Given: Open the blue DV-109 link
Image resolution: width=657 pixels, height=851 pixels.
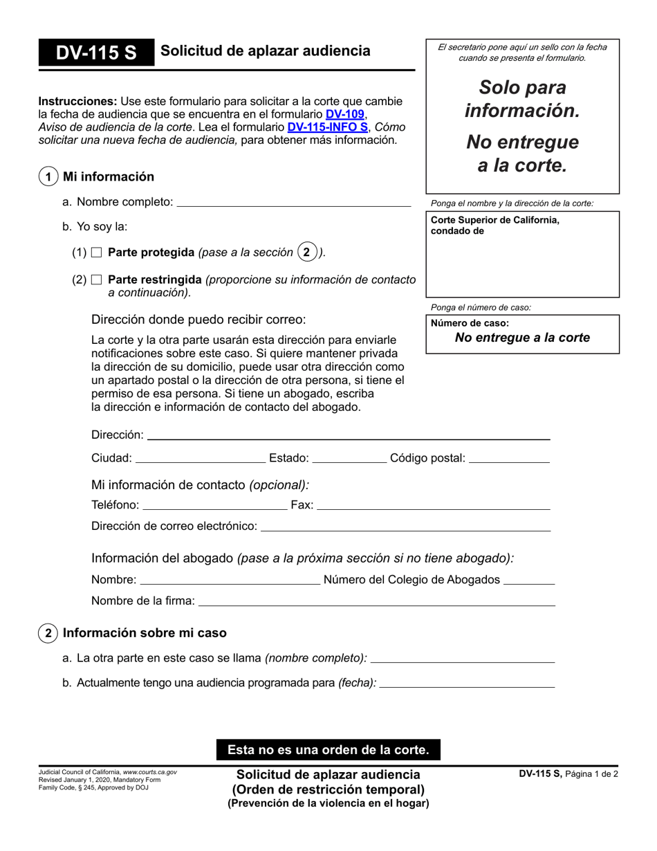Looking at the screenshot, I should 344,114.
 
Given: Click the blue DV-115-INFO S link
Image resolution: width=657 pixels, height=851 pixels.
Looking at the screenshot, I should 327,127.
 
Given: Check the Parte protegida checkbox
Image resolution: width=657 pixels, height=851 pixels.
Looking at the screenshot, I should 97,253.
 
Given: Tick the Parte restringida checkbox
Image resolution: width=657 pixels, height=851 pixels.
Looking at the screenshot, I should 97,280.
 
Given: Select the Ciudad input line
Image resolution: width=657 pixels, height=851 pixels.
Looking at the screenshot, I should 200,458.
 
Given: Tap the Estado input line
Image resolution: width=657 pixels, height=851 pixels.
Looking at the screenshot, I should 350,458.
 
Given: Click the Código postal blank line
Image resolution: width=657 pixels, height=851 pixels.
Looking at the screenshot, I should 509,458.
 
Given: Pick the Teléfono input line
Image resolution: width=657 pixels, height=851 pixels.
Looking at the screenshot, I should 214,505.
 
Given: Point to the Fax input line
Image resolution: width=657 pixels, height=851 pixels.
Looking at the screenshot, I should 433,505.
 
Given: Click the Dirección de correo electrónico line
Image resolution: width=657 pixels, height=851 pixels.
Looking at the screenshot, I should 405,527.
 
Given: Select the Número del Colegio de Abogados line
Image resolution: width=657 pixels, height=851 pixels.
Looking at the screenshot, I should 529,580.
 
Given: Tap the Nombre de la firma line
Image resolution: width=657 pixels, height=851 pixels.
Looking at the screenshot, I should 376,601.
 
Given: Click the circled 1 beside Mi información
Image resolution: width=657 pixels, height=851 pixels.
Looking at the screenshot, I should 48,177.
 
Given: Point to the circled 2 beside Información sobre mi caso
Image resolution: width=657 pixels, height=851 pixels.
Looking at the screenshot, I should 48,633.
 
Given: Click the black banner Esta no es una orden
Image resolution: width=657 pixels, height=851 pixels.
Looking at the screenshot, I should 328,749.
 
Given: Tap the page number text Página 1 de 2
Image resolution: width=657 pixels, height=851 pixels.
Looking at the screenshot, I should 591,774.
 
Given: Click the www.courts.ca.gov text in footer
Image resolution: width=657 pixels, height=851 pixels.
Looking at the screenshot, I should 150,771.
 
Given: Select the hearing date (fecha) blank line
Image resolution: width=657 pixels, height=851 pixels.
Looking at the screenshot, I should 468,683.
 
